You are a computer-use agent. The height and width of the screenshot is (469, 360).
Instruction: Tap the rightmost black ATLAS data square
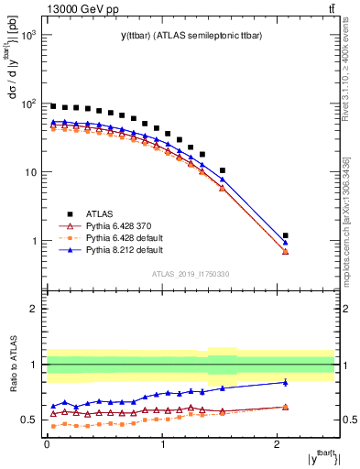286,235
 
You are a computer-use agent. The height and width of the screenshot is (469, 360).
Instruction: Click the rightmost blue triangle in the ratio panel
286,382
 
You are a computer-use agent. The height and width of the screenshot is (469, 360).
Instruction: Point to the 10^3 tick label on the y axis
29,35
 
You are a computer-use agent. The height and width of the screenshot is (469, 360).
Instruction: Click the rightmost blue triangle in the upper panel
286,243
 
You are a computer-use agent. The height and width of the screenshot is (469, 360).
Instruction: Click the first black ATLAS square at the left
53,106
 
